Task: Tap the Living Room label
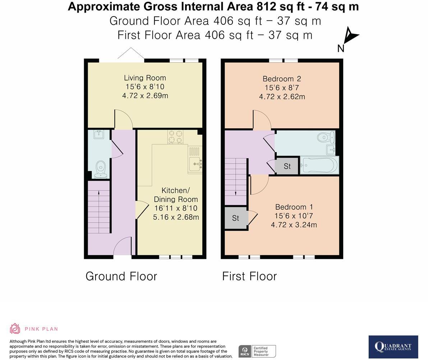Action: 145,78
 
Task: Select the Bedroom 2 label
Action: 282,79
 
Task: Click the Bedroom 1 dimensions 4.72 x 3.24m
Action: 294,225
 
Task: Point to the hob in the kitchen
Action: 175,137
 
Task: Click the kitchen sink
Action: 195,164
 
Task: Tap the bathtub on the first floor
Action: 319,165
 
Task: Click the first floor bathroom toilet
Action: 326,137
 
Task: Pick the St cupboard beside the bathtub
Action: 287,166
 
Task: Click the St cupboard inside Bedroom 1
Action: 236,218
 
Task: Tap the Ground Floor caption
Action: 121,276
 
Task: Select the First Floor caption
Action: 249,276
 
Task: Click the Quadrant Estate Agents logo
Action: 394,347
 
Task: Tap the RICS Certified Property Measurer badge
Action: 257,351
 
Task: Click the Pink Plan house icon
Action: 15,329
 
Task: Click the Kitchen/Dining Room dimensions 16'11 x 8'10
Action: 176,208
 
